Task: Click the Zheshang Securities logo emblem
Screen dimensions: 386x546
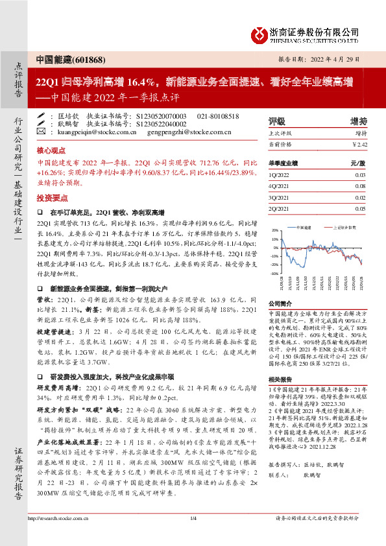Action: tap(259, 33)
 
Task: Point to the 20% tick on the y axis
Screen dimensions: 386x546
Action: tap(275, 230)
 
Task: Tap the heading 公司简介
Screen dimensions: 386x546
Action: tap(281, 303)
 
